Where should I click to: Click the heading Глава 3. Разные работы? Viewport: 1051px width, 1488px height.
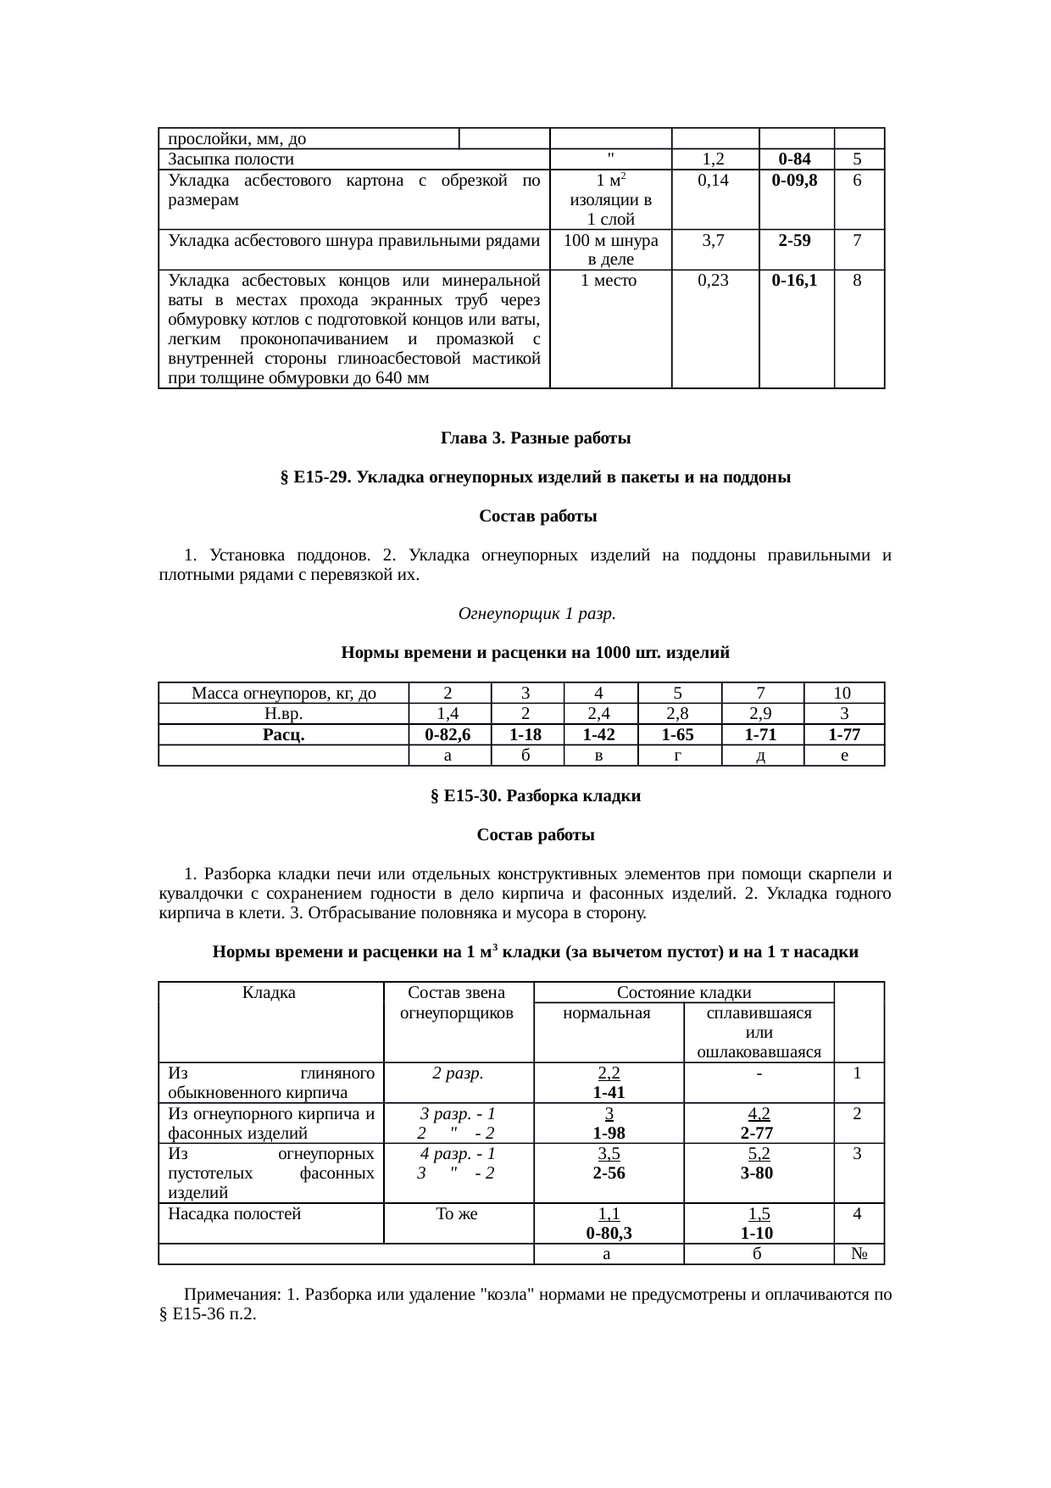[x=535, y=438]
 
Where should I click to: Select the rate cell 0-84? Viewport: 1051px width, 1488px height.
[x=796, y=159]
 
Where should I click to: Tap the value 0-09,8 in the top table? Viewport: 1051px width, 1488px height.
[x=796, y=181]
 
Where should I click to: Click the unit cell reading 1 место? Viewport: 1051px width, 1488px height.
[x=609, y=281]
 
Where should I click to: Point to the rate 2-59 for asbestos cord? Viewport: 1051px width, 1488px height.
[x=796, y=241]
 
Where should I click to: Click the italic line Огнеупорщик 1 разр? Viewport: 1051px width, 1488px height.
[x=536, y=613]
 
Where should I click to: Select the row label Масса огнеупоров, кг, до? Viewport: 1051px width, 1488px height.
[x=283, y=694]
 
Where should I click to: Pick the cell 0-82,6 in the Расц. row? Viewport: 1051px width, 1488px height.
[x=448, y=735]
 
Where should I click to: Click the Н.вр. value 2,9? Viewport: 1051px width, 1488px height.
[x=761, y=714]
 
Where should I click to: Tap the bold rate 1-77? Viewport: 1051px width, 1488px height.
[x=843, y=735]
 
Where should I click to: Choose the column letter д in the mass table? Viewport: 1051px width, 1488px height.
[x=761, y=755]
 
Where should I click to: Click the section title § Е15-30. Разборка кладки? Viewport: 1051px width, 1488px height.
[x=535, y=796]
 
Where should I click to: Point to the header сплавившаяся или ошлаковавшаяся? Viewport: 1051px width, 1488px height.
[x=759, y=1033]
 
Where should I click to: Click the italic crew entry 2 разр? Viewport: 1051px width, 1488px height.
[x=458, y=1073]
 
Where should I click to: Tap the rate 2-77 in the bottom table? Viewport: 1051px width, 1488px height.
[x=759, y=1134]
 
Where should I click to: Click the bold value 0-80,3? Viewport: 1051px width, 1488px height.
[x=608, y=1234]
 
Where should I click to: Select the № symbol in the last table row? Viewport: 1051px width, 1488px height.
[x=859, y=1255]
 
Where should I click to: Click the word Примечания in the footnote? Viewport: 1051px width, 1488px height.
[x=230, y=1296]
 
